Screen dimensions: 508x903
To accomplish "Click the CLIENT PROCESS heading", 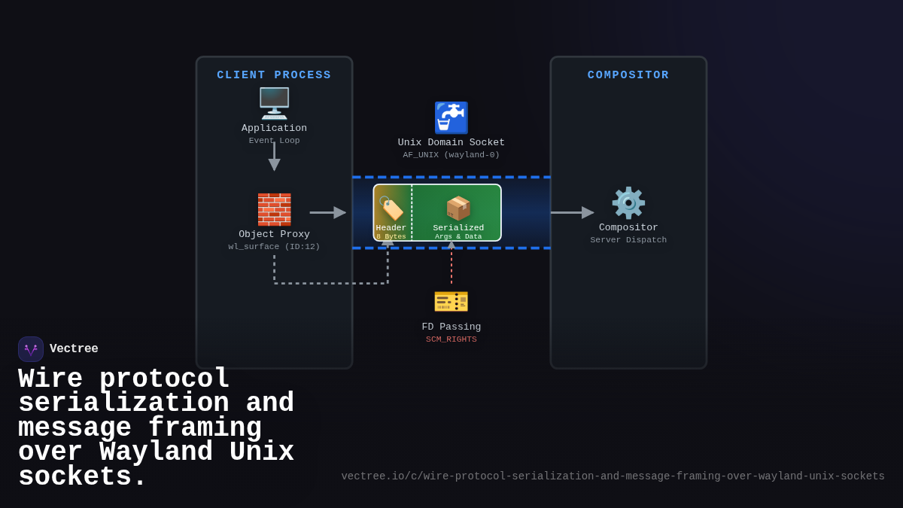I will coord(274,75).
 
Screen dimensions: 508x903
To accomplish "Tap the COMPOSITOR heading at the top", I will coord(628,75).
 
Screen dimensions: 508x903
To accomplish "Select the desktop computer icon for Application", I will coord(274,103).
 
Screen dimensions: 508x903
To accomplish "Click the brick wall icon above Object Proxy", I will coord(274,209).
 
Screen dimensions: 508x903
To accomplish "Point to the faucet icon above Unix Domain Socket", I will coord(451,117).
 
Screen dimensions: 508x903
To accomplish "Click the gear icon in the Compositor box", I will coord(628,203).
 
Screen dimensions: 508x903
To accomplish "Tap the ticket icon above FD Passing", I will coord(451,301).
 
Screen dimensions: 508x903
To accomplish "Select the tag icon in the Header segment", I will coord(391,208).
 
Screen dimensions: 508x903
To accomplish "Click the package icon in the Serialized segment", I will coord(458,208).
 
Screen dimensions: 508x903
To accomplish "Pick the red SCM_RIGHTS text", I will coord(451,339).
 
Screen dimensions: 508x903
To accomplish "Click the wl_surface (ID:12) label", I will coord(274,247).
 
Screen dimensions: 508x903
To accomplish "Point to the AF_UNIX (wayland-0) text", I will coord(451,155).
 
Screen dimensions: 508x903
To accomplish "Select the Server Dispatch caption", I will coord(628,240).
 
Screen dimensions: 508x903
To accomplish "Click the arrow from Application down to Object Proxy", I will coord(274,157).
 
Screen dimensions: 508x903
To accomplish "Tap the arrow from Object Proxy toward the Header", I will coord(327,212).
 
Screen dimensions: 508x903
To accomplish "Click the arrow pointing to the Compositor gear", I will coord(572,212).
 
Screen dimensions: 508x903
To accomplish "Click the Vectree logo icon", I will coord(31,349).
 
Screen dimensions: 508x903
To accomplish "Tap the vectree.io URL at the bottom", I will coord(613,476).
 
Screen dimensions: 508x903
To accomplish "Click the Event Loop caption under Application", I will coord(274,141).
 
